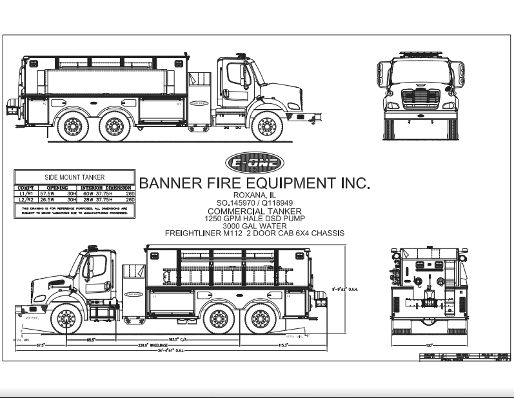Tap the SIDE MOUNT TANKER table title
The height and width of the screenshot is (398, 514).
(x=74, y=177)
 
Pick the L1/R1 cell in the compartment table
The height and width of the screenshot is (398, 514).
(x=25, y=193)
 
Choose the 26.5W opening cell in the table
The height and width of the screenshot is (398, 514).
(x=48, y=200)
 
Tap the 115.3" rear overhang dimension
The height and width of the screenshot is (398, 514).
(x=282, y=345)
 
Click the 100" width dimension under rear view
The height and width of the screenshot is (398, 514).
(x=427, y=345)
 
